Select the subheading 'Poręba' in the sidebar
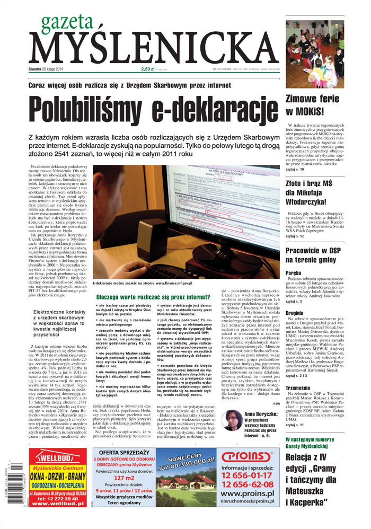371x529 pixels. click(294, 272)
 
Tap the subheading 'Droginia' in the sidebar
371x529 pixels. click(295, 313)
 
